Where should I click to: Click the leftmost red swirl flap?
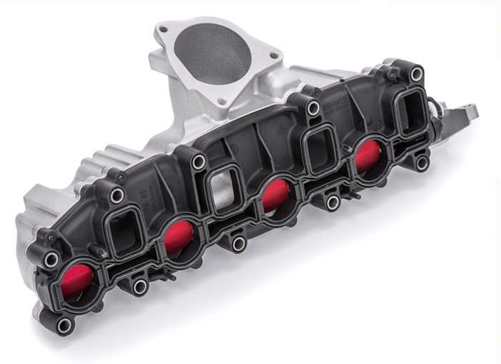point(79,281)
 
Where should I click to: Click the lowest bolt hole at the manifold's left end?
point(64,325)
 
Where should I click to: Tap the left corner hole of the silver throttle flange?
point(163,29)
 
